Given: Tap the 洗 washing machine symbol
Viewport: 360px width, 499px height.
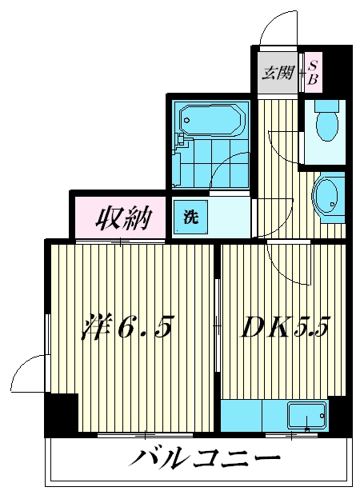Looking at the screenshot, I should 190,216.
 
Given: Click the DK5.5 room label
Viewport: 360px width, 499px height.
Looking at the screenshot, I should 284,328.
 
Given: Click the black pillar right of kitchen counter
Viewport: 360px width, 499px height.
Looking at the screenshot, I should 339,416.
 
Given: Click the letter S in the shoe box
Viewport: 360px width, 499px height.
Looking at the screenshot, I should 314,65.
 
